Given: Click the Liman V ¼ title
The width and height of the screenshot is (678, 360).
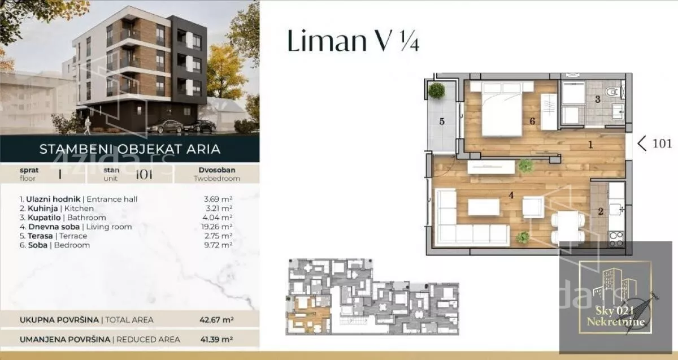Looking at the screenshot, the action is [353, 41].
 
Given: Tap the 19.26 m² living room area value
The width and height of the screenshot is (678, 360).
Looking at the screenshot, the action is [217, 227].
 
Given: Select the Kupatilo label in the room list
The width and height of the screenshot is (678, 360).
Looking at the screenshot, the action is [44, 218].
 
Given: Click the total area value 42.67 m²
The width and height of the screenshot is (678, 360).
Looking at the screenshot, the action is [216, 320].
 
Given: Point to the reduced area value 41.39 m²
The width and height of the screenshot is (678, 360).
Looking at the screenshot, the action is [216, 340].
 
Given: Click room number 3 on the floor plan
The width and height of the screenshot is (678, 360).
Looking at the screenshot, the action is [598, 99].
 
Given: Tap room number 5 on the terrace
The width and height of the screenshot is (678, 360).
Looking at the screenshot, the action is [442, 122].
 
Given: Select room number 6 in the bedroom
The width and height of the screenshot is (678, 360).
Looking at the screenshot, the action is [532, 122].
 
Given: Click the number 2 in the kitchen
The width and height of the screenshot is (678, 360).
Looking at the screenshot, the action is [601, 211].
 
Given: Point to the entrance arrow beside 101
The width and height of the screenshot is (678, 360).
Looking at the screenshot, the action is [642, 143].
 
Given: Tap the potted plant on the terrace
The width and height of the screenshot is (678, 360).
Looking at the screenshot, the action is [436, 90].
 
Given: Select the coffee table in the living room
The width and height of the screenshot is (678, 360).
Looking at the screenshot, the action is [484, 207].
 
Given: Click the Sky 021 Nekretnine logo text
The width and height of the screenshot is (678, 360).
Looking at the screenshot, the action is [616, 316].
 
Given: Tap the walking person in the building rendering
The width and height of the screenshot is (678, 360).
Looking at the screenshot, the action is [87, 125].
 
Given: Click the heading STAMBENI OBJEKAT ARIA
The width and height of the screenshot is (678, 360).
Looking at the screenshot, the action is [130, 149].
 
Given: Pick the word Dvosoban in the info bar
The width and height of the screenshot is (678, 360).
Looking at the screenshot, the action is [217, 170].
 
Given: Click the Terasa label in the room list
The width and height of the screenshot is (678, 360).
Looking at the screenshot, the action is [40, 236].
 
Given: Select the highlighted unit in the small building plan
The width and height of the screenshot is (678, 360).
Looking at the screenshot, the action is [308, 314].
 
